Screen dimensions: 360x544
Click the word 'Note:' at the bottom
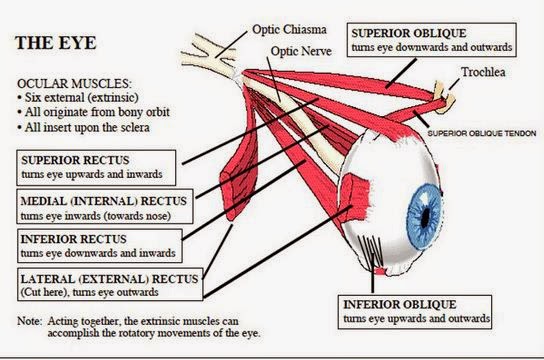[31, 320]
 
